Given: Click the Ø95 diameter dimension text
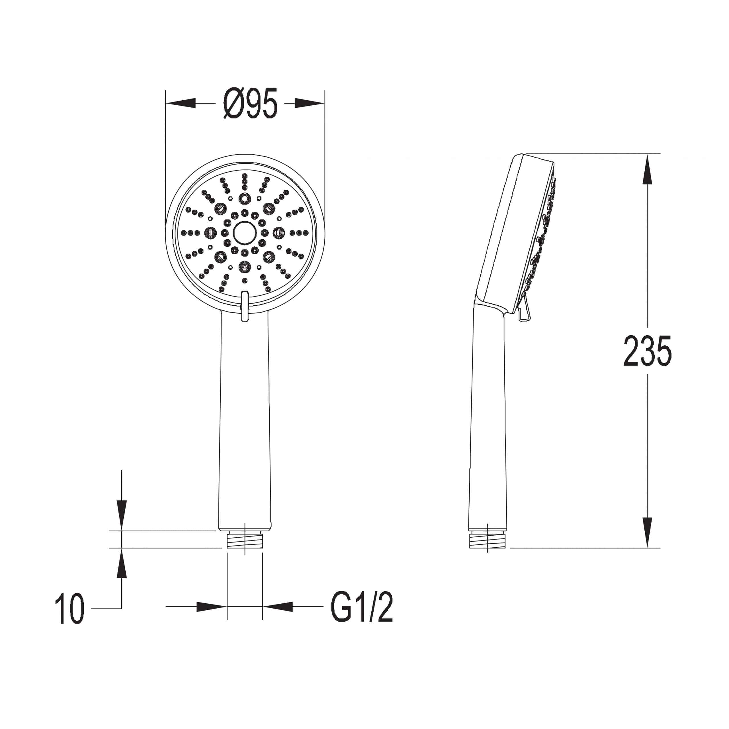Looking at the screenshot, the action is click(x=250, y=103).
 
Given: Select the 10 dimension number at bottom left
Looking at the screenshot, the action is click(x=70, y=608).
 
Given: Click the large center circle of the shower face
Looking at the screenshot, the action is click(x=245, y=233).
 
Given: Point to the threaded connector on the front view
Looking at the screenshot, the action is click(x=245, y=540).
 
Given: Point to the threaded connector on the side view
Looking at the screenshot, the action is click(x=487, y=540).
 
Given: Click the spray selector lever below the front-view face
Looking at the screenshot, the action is click(x=245, y=306).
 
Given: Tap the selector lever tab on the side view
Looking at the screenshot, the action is click(x=525, y=311).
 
